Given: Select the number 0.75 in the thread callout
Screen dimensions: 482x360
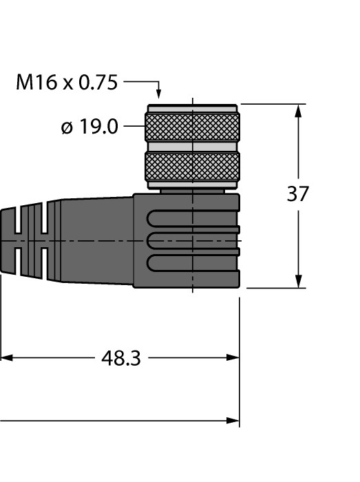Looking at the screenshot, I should point(98,83).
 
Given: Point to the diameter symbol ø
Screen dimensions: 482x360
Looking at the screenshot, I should point(67,128).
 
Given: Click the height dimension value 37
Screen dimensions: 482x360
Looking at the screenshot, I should point(298,194).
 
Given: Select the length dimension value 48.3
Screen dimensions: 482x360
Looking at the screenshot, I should point(121,358).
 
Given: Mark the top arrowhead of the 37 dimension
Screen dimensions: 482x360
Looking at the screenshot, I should point(299,111).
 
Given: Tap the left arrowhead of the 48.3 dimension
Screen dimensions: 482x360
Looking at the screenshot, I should point(6,358).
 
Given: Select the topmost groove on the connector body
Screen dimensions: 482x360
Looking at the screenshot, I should point(193,216).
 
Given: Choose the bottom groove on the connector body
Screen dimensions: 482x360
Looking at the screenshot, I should point(193,262).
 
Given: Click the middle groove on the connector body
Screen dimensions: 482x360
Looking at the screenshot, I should point(193,240).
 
